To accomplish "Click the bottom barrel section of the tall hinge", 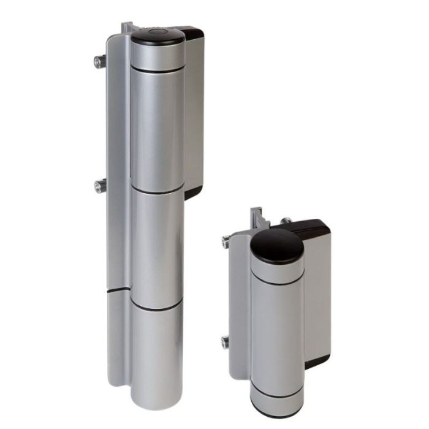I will click(x=157, y=355).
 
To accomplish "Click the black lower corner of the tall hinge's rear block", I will click(x=192, y=191).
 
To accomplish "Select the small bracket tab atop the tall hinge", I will click(x=127, y=28).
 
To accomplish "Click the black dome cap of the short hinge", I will click(x=277, y=245).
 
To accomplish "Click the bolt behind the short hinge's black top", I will click(x=286, y=221).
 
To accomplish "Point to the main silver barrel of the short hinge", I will click(x=277, y=331).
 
